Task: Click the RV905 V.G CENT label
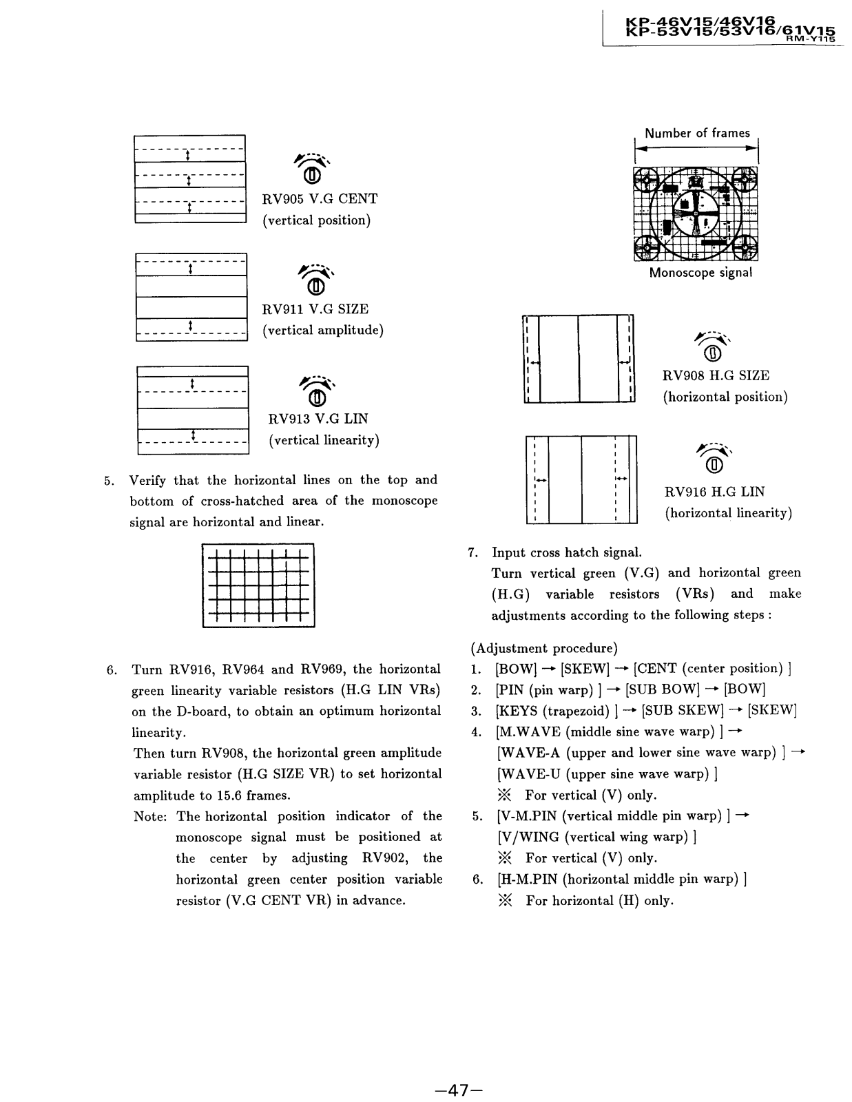click(320, 199)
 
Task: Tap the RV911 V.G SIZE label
click(315, 309)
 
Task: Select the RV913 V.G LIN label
click(318, 419)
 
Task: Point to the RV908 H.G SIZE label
click(716, 376)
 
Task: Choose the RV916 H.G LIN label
click(714, 492)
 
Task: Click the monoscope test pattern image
click(696, 214)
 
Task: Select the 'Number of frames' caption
click(697, 134)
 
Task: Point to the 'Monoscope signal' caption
click(700, 273)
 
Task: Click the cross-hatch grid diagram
click(258, 585)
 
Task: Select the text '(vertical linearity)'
click(324, 440)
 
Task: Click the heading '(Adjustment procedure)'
click(544, 648)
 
